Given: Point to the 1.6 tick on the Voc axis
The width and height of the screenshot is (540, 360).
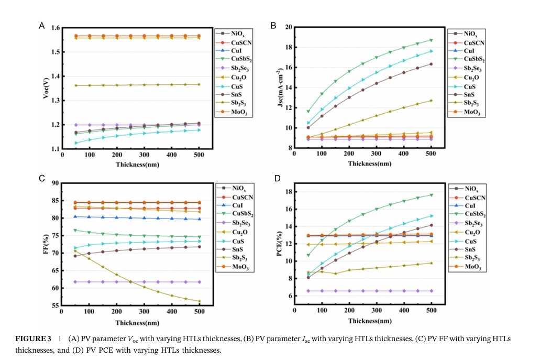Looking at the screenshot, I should pyautogui.click(x=54, y=28).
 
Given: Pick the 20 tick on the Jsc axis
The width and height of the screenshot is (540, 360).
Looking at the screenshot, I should pyautogui.click(x=288, y=27).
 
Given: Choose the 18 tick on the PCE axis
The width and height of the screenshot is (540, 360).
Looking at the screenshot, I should pyautogui.click(x=288, y=192).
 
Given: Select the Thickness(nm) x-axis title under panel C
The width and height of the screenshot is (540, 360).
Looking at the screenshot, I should pyautogui.click(x=137, y=323).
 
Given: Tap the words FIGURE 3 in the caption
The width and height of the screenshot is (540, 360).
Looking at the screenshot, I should pyautogui.click(x=32, y=339).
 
